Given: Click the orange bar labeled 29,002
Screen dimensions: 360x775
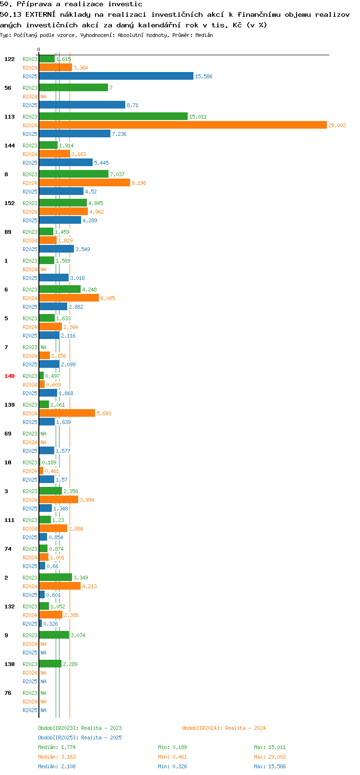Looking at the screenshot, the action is coord(183,125).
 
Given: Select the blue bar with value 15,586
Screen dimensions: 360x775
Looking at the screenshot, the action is coord(116,76).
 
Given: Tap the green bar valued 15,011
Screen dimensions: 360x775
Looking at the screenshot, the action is coord(113,116).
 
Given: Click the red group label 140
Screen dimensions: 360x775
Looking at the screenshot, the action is coord(9,376).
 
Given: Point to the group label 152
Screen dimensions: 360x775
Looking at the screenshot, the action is coord(9,203).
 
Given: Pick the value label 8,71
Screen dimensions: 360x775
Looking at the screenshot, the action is coord(132,105).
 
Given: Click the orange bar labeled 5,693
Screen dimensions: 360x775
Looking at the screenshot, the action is coord(67,413).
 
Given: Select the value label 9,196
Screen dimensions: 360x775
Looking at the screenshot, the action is coord(139,183).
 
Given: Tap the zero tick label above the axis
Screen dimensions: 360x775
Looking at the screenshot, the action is coord(39,49).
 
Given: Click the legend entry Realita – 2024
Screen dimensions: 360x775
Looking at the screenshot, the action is coord(224,728).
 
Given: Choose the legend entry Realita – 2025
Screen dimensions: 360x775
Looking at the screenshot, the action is coord(80,738).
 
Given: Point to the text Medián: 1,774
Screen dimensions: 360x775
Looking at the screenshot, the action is coord(57,747).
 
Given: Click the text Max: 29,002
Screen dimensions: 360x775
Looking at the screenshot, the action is coord(270,757).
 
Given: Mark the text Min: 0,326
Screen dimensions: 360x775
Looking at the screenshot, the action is coord(172,766).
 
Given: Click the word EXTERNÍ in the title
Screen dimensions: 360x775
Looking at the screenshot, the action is coord(40,14).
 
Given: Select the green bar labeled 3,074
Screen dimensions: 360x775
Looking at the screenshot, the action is coord(54,635).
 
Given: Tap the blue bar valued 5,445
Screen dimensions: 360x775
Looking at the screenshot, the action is coord(66,163).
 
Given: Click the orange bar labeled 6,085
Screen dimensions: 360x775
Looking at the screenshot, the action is coord(69,298).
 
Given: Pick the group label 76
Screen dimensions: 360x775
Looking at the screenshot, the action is coord(8,693).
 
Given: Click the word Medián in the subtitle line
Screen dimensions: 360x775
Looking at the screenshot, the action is coord(204,35).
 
